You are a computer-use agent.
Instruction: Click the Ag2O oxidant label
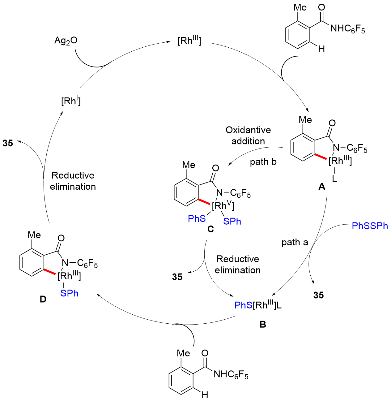[66, 41]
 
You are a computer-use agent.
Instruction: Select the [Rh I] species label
[71, 101]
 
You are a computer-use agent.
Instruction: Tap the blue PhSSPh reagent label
[370, 226]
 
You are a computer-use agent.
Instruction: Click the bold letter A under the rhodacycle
[322, 187]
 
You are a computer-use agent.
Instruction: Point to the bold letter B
[263, 324]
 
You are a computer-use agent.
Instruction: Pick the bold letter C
[210, 229]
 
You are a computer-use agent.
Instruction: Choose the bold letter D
[43, 299]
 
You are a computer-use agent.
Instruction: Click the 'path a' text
[295, 242]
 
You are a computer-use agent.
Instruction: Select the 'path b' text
[263, 162]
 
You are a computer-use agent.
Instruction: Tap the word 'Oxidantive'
[248, 130]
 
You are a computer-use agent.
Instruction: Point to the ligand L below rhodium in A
[334, 179]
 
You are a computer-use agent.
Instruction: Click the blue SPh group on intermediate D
[69, 293]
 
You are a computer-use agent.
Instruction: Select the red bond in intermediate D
[49, 272]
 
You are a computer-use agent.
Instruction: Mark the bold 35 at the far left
[8, 143]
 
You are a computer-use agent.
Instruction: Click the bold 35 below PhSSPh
[318, 295]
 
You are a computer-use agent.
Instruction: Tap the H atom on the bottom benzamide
[205, 395]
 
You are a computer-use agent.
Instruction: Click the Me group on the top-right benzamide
[300, 7]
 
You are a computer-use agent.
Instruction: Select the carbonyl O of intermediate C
[215, 168]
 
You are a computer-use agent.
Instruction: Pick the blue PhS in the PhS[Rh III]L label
[244, 305]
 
